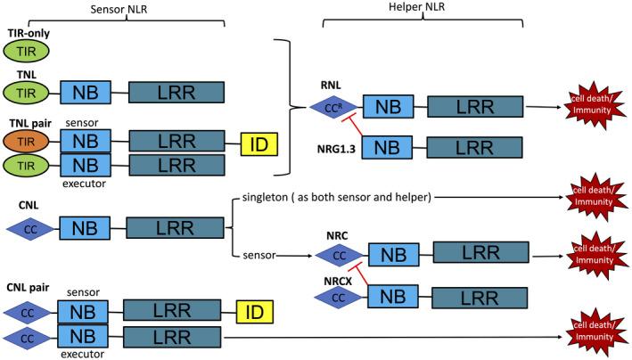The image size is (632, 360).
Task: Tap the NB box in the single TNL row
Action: tap(85, 92)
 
